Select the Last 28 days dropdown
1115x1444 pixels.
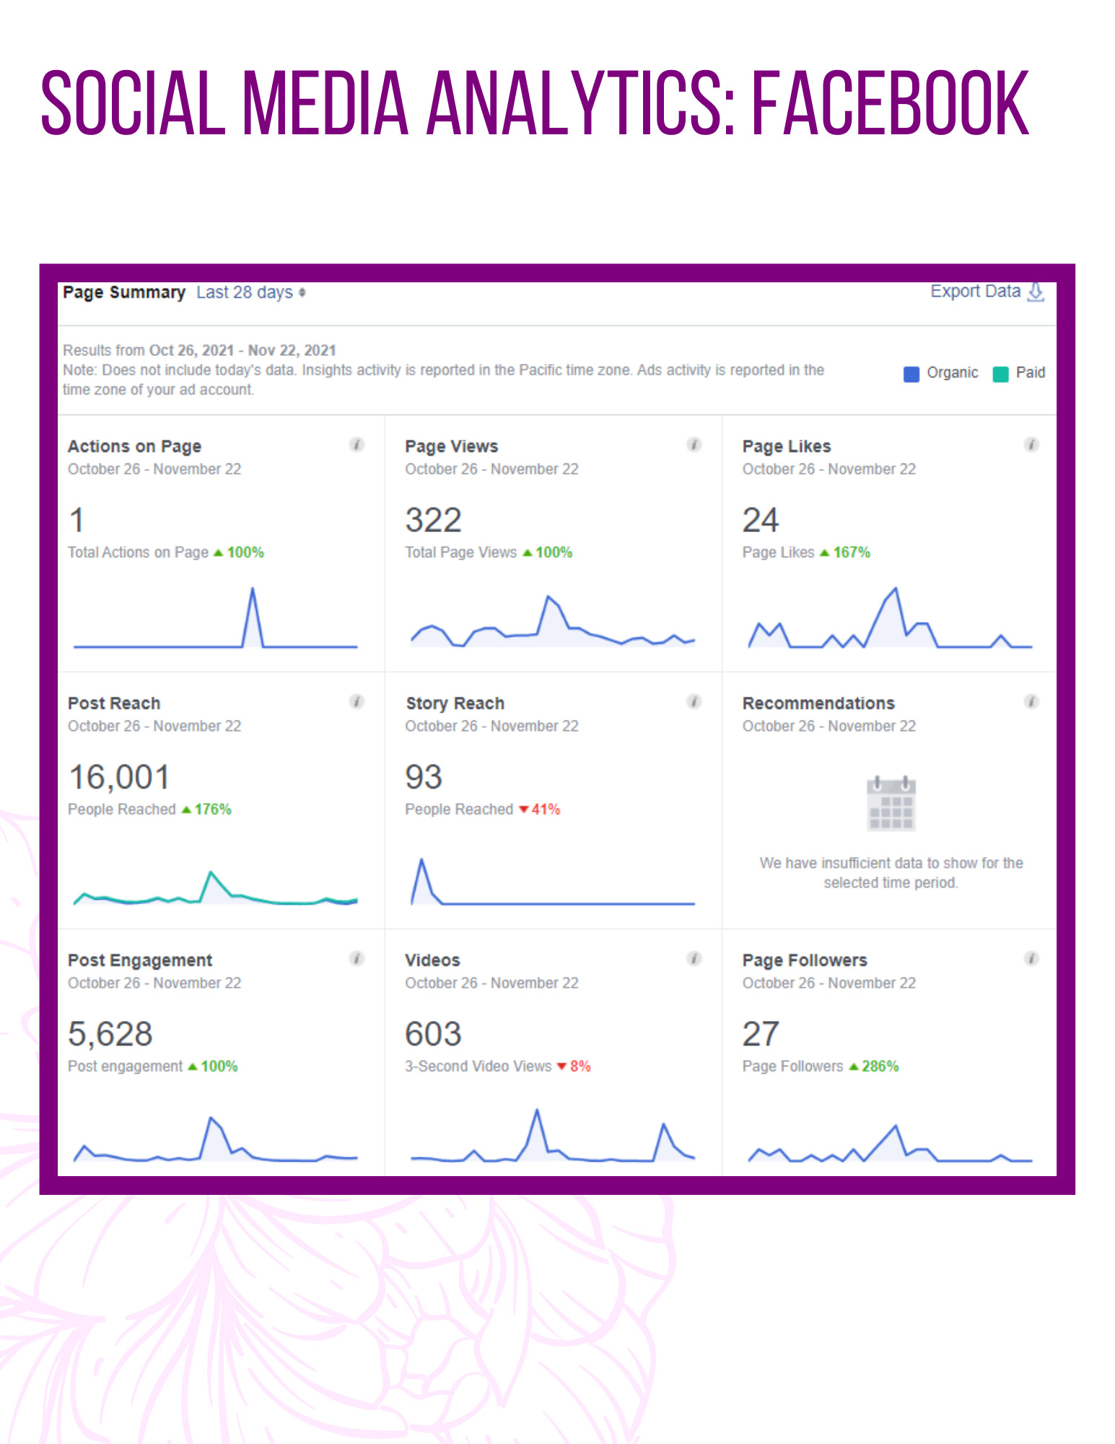pos(250,292)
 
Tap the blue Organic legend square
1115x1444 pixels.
pos(911,374)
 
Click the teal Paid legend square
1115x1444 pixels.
pos(1000,374)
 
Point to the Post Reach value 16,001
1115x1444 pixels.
pos(119,778)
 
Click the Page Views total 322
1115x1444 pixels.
pos(433,521)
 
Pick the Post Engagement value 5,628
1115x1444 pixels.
pos(110,1035)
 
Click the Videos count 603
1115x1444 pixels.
pos(433,1035)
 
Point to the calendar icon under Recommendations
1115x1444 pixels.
pos(891,803)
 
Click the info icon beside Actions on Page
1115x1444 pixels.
pos(357,445)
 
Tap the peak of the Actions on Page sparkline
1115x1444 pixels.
pos(253,588)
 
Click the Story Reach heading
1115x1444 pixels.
pos(455,703)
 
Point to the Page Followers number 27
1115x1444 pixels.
pos(761,1035)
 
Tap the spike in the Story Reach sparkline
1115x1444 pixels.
pos(422,860)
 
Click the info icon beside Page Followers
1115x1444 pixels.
pos(1031,959)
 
